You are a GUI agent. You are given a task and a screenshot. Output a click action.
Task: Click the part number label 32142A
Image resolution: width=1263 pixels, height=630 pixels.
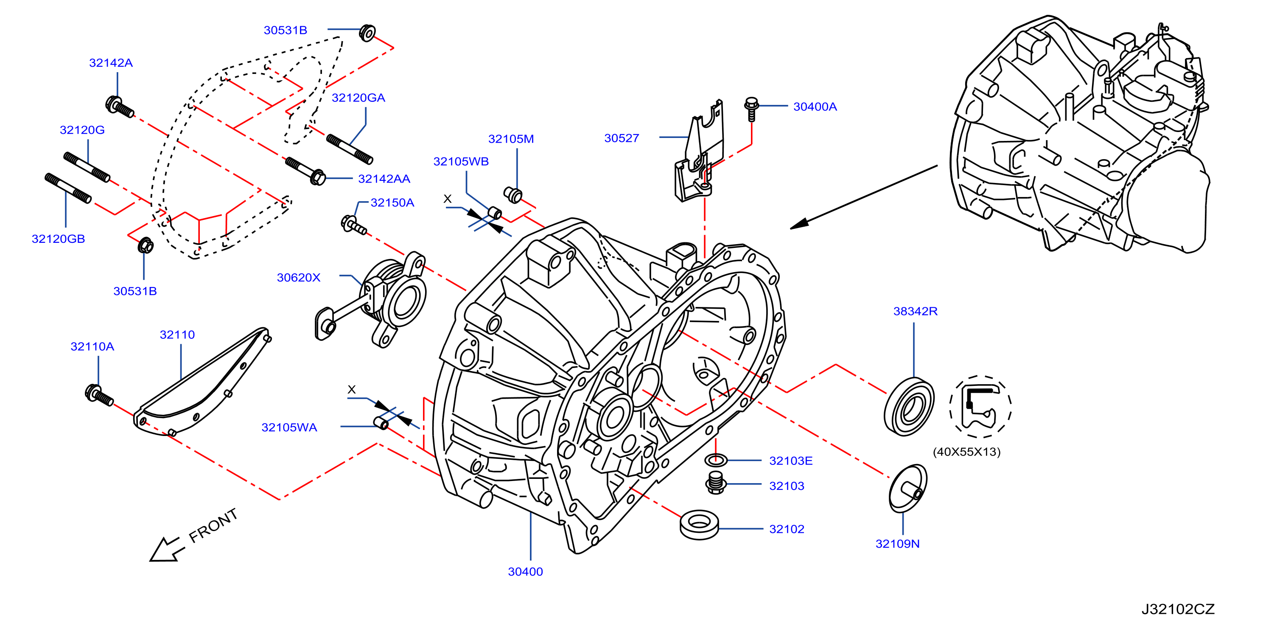click(111, 63)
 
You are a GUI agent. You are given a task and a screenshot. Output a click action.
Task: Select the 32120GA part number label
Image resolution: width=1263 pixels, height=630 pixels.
click(358, 98)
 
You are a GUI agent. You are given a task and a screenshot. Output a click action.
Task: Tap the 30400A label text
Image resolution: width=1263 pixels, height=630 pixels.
click(815, 107)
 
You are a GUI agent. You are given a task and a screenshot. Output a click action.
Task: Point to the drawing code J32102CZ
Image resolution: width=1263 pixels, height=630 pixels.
click(1178, 609)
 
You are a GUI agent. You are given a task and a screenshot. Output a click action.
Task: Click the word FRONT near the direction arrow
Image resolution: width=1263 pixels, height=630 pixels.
click(213, 526)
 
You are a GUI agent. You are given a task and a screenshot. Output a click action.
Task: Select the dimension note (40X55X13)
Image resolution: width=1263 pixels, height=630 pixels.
click(966, 452)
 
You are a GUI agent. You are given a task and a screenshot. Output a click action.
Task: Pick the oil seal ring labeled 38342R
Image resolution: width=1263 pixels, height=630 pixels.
click(908, 406)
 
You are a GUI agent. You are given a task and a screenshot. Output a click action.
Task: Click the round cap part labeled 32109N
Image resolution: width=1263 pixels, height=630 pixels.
click(907, 489)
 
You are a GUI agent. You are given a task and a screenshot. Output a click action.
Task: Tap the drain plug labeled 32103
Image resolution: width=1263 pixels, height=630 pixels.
click(716, 483)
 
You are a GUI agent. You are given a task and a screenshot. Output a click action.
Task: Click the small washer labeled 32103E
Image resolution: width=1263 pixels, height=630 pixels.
click(716, 460)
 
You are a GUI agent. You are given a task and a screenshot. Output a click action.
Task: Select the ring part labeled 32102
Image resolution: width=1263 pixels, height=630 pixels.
click(699, 525)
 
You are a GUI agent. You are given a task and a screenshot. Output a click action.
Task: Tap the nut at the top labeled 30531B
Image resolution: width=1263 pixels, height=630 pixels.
click(367, 32)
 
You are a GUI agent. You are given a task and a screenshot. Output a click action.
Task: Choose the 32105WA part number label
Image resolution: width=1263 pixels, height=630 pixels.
click(289, 428)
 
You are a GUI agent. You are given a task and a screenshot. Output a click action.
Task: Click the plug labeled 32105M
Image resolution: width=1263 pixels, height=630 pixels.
click(513, 195)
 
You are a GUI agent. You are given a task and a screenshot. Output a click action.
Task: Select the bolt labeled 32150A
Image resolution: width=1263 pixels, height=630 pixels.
click(353, 225)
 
